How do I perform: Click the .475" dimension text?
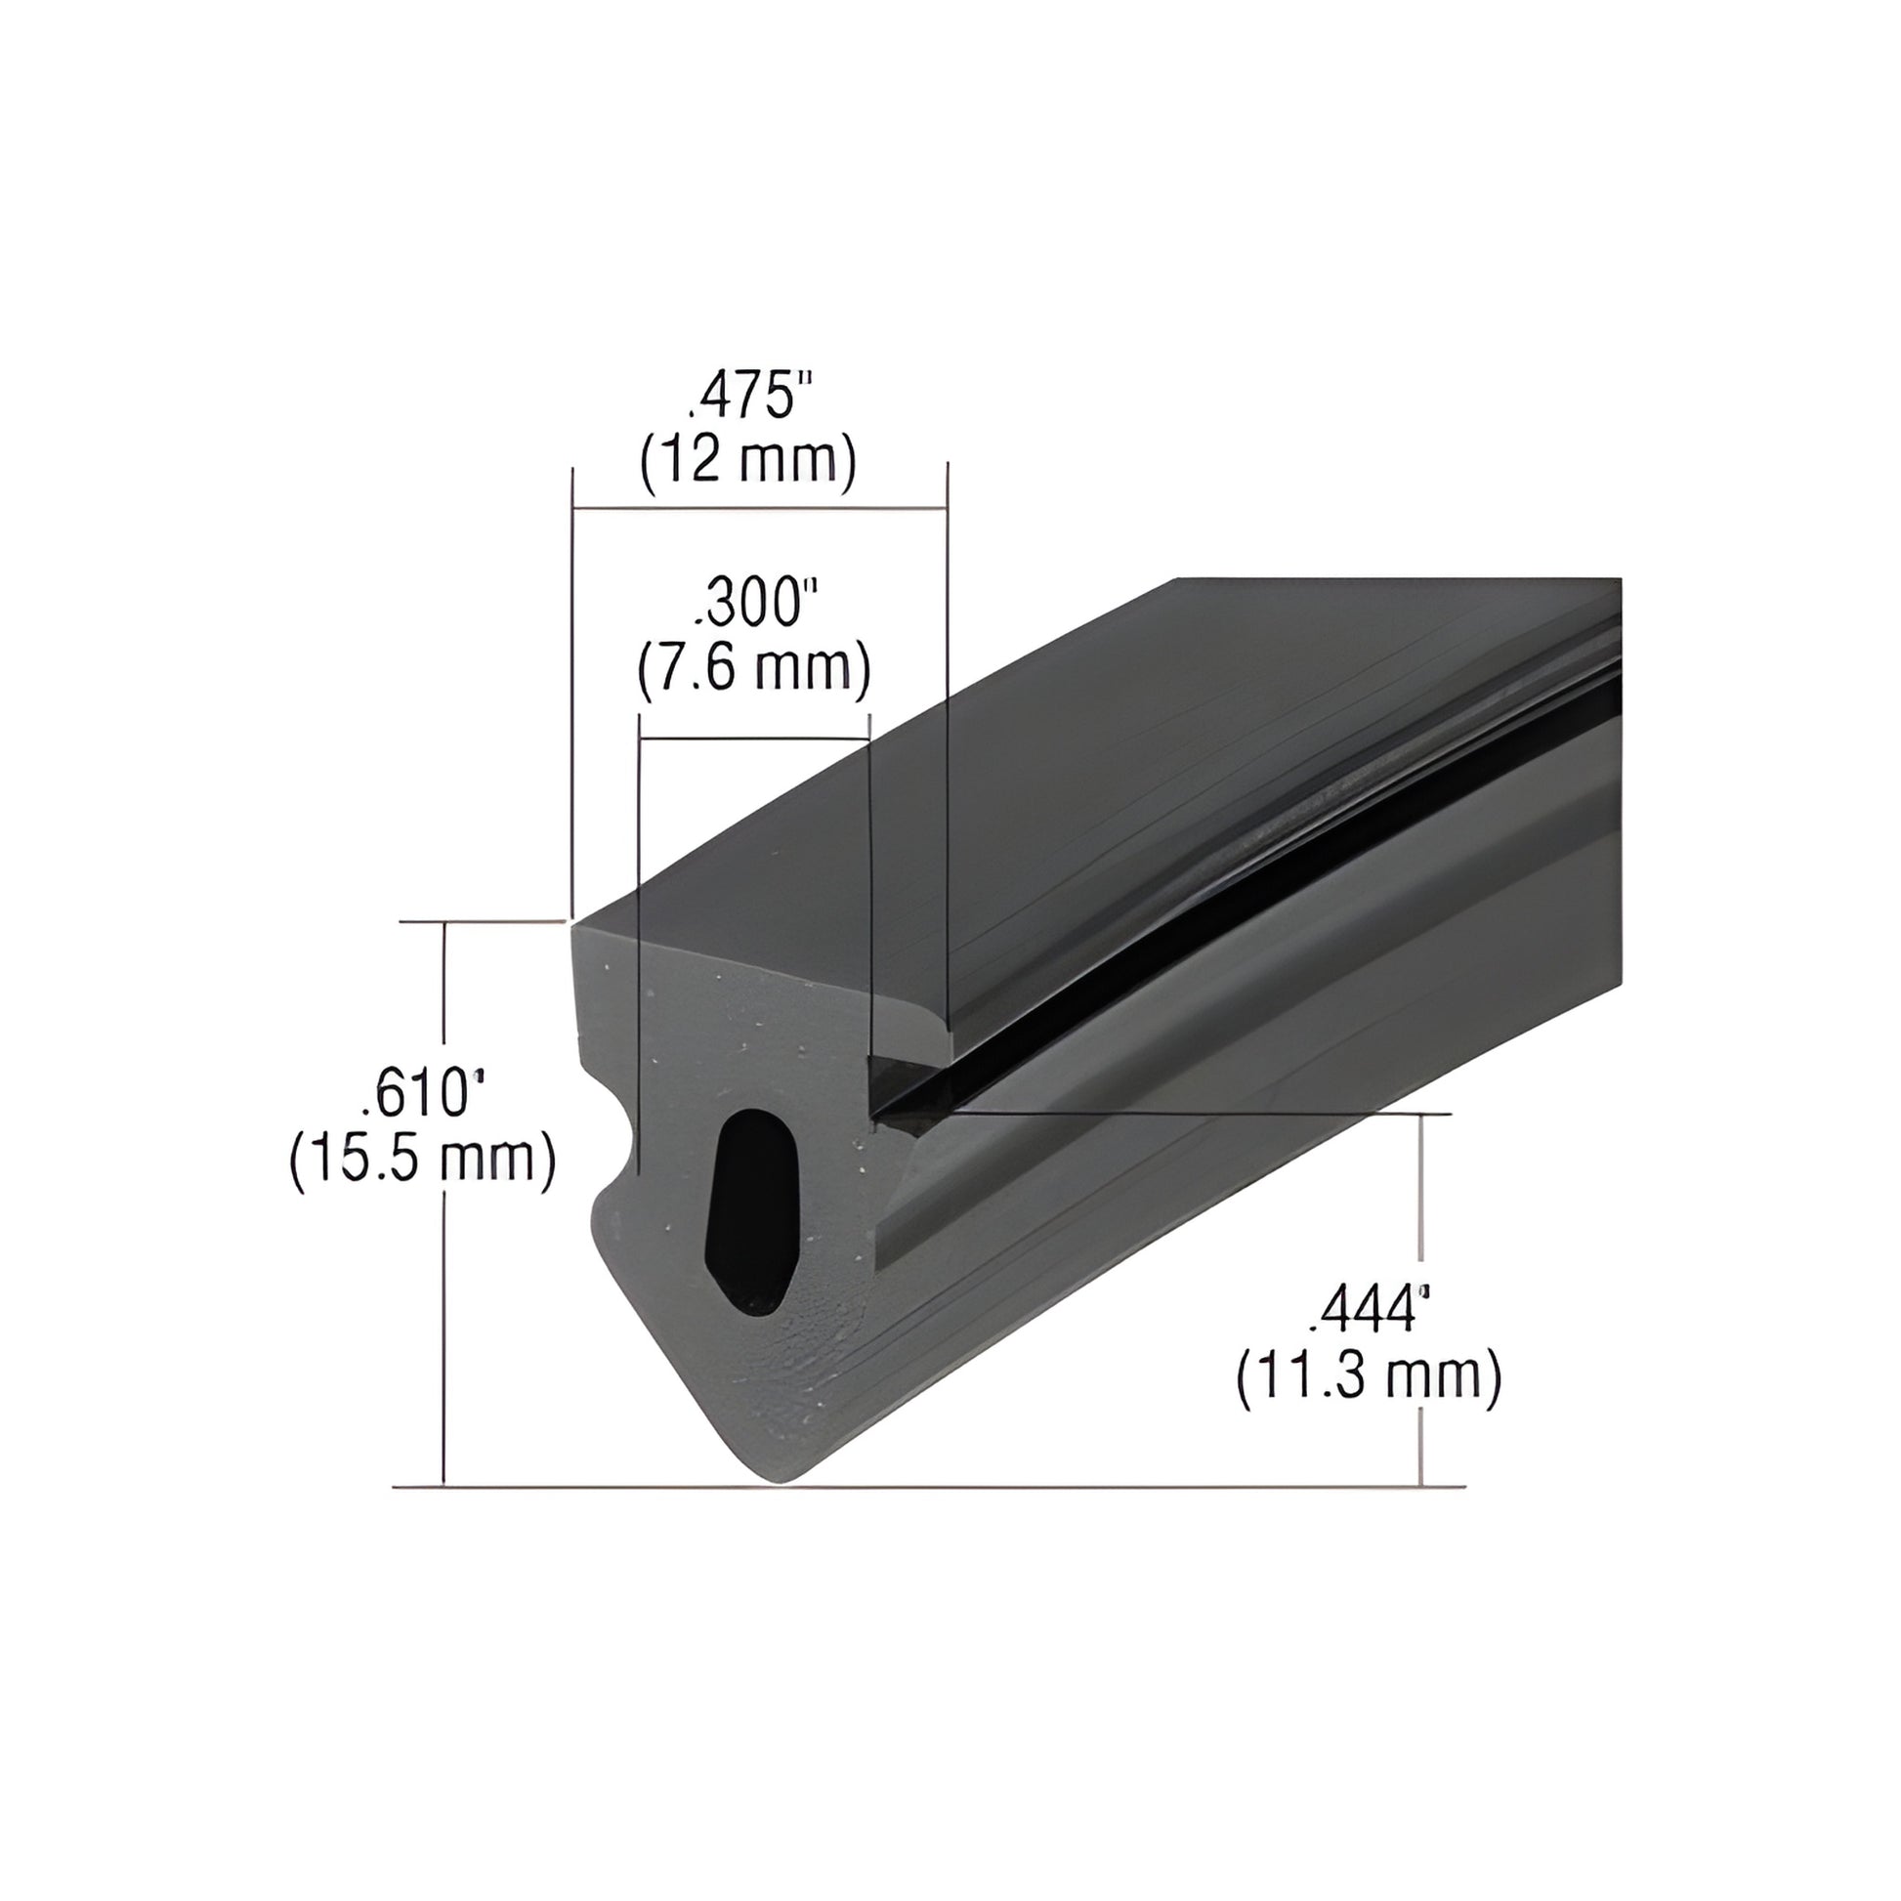click(x=751, y=398)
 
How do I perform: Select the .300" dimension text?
click(x=756, y=604)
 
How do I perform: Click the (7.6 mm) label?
click(x=754, y=668)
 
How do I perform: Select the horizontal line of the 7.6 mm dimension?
click(x=754, y=739)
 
